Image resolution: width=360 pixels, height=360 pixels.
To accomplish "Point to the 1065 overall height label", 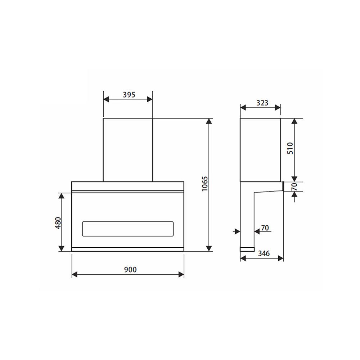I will [205, 184].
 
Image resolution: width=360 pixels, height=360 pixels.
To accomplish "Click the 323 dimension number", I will [262, 103].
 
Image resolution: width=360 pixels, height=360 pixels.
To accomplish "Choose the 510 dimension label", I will [291, 148].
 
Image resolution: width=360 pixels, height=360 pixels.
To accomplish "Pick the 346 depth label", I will [264, 253].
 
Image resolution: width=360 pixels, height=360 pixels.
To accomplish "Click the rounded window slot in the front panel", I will [128, 229].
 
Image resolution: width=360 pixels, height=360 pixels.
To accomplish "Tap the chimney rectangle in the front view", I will [128, 149].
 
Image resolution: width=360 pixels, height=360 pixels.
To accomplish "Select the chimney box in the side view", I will [260, 149].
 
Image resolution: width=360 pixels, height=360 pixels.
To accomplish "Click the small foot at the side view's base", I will [247, 249].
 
